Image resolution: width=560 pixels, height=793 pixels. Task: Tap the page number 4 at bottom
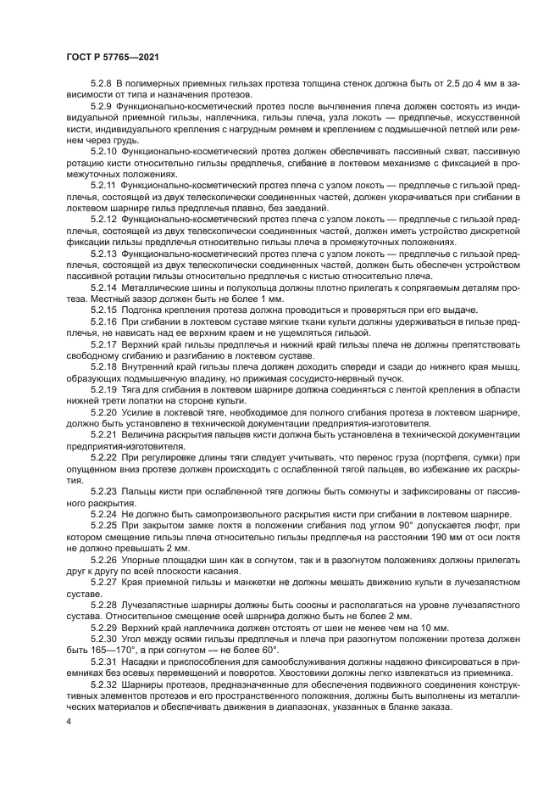tap(68, 720)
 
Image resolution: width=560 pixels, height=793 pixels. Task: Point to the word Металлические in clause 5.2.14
tap(156, 288)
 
